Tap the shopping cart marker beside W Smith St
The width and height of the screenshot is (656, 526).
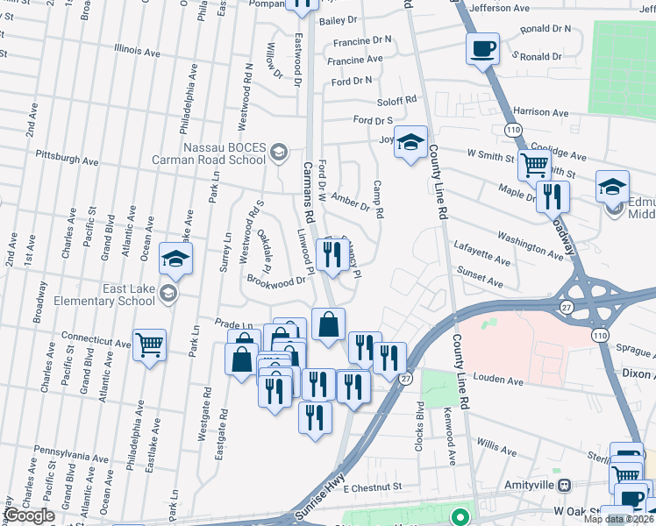coord(533,164)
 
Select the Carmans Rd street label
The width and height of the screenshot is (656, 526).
coord(309,192)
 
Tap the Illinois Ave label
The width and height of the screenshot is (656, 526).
coord(131,52)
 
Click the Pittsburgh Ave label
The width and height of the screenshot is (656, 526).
coord(67,160)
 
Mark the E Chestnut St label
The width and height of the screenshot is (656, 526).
coord(372,487)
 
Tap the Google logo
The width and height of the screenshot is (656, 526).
coord(29,515)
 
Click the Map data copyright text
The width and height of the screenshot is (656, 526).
coord(618,519)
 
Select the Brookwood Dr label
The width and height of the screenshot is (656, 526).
coord(280,281)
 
